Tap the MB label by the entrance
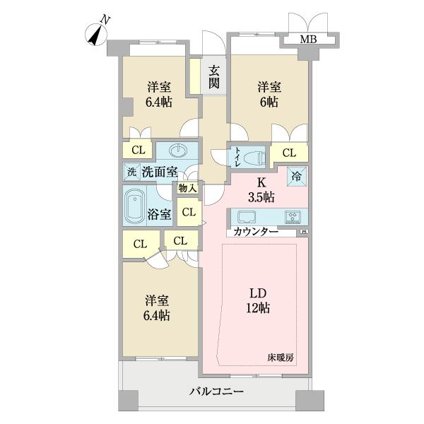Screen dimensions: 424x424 point(308,39)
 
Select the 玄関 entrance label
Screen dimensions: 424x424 point(213,77)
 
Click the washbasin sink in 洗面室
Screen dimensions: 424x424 point(178,151)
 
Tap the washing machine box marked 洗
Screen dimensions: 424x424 point(131,172)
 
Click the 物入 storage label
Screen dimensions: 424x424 point(187,189)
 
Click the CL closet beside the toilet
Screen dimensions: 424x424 point(289,153)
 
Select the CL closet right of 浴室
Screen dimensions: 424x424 point(188,211)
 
